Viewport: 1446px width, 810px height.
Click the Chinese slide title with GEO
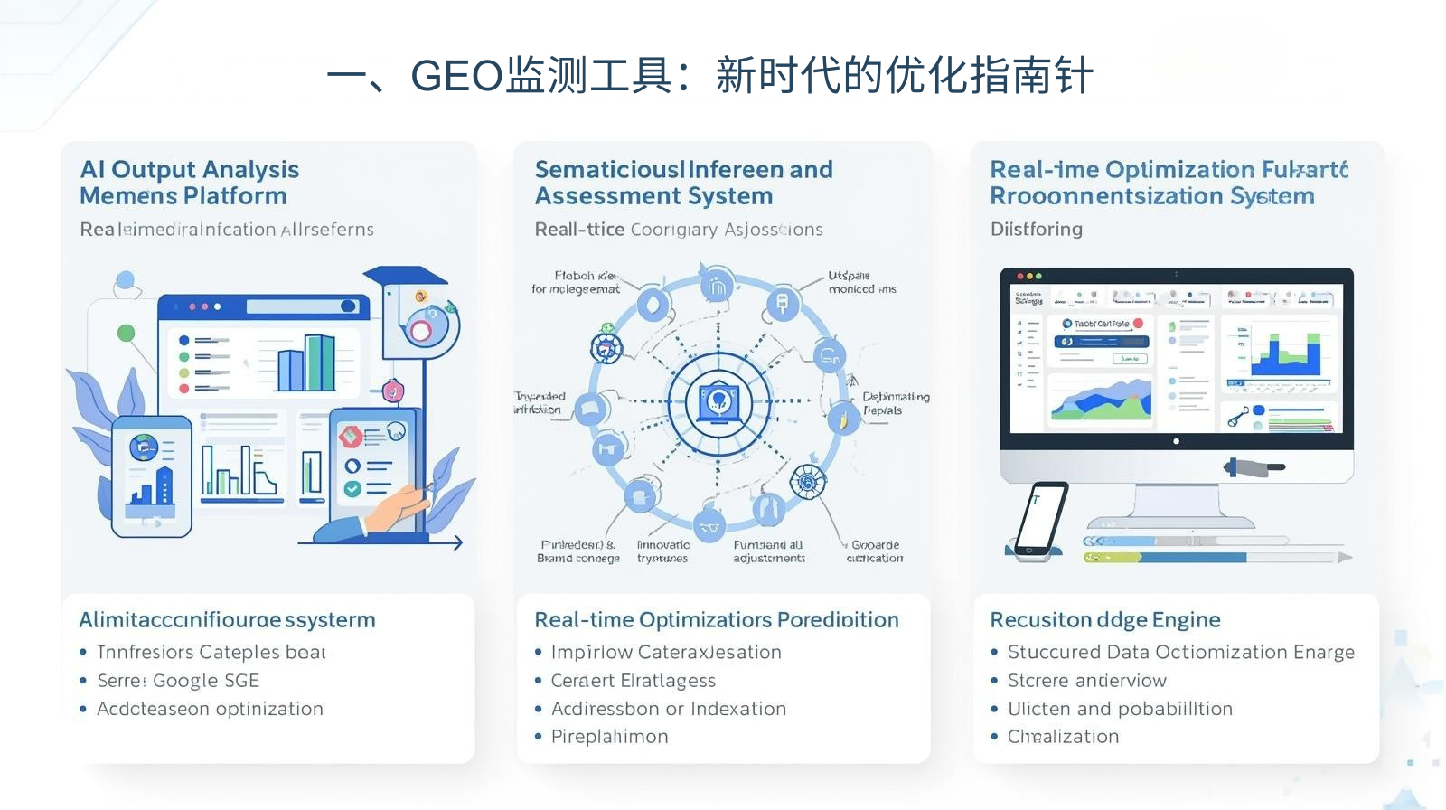click(709, 75)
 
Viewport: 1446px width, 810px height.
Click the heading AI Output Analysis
click(189, 169)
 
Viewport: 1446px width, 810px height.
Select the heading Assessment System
click(653, 196)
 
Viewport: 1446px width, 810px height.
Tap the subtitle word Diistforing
click(1036, 229)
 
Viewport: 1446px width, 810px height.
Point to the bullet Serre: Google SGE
click(178, 681)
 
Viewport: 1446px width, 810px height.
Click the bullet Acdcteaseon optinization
click(210, 709)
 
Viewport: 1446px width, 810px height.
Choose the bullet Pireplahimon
click(609, 737)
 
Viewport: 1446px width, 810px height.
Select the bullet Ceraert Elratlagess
click(633, 681)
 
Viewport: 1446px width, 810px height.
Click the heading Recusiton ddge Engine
click(1104, 619)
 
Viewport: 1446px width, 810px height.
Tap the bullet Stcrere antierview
click(1086, 681)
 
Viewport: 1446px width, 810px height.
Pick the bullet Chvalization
click(1063, 737)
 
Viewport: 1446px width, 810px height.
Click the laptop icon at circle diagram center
click(718, 400)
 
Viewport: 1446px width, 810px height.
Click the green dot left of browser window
click(127, 334)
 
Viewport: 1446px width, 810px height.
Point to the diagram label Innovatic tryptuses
click(662, 551)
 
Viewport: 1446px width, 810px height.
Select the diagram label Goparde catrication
click(874, 551)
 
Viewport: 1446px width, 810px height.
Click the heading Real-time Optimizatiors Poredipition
click(716, 619)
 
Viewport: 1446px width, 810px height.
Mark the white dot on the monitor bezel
click(1176, 441)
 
